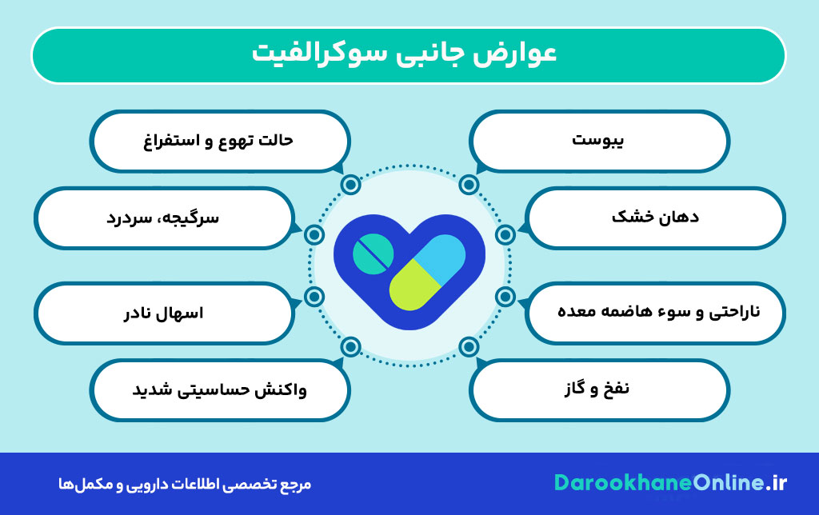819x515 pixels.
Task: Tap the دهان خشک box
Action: pos(656,217)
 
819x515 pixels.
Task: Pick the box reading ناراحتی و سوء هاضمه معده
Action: pos(656,311)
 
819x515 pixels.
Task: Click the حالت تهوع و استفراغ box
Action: pos(220,141)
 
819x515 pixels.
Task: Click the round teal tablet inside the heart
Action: pos(373,254)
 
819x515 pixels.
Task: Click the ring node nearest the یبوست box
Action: pos(469,186)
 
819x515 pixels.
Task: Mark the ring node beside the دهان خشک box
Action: pos(505,234)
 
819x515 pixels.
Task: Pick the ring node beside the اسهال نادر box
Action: pos(314,297)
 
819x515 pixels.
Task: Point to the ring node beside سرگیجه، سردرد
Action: pos(314,234)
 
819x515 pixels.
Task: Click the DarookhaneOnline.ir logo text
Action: pos(670,483)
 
